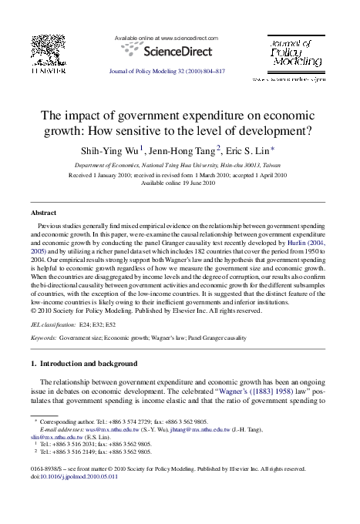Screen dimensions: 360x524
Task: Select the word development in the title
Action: (x=273, y=130)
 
